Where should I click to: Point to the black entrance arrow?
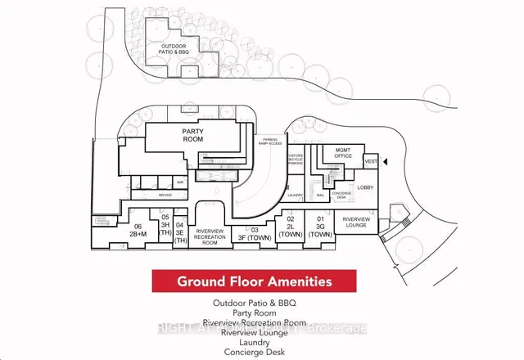point(387,162)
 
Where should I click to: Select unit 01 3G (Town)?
point(321,226)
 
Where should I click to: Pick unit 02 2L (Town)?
point(291,226)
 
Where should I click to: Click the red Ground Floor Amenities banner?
point(255,282)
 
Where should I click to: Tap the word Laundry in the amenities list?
point(254,343)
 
